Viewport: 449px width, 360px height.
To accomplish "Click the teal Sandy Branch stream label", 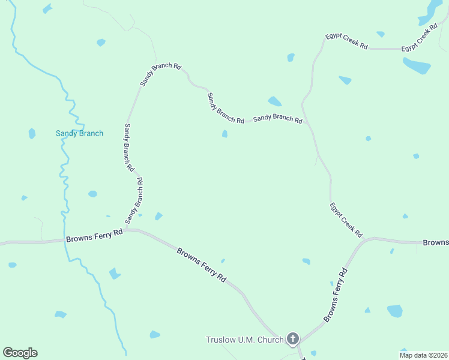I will click(79, 133).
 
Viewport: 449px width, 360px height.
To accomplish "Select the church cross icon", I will click(293, 340).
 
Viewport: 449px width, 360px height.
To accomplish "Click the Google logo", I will click(20, 353).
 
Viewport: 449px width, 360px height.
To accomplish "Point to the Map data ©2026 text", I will click(423, 355).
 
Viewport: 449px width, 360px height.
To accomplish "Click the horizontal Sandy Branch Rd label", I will click(277, 118).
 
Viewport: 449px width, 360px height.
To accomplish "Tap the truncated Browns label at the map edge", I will click(436, 242).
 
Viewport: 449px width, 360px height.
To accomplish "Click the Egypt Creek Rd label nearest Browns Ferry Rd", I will click(346, 219).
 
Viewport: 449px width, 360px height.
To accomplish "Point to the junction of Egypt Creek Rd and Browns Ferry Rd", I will click(364, 241).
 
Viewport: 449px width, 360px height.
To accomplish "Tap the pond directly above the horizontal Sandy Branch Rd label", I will click(274, 101).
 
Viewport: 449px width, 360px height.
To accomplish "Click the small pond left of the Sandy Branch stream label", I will click(32, 133).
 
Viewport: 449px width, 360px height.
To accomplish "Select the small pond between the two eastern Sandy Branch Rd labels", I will click(224, 134).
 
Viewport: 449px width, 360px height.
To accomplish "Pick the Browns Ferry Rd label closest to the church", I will click(336, 295).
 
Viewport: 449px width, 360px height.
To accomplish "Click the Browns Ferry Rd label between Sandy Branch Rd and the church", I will click(202, 265).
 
